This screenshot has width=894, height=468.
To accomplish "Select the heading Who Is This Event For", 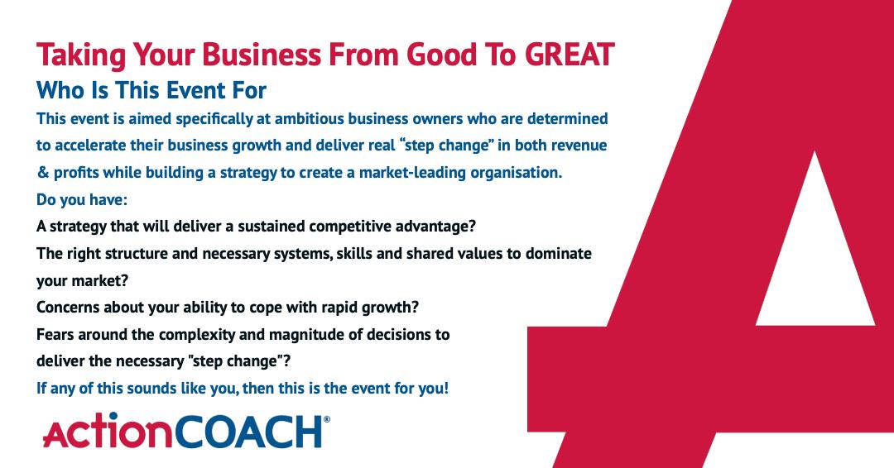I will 151,89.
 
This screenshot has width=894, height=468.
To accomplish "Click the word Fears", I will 55,334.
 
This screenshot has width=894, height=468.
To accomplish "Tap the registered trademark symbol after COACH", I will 327,421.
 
